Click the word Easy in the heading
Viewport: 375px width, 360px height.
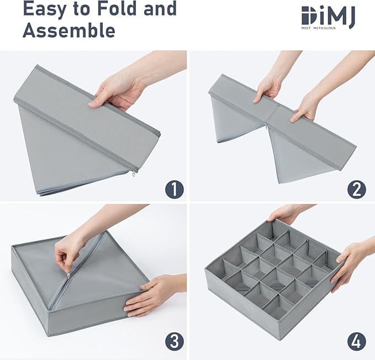click(44, 9)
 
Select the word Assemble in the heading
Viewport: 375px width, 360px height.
click(69, 30)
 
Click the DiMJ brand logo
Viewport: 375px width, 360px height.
click(329, 17)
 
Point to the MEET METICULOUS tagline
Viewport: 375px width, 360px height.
click(318, 28)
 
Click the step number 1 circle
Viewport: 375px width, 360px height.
click(175, 189)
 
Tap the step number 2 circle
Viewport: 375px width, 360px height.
click(356, 189)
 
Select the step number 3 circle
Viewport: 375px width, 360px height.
click(175, 342)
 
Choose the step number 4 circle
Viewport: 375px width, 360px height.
click(356, 342)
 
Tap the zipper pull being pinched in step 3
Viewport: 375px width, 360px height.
click(68, 275)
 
